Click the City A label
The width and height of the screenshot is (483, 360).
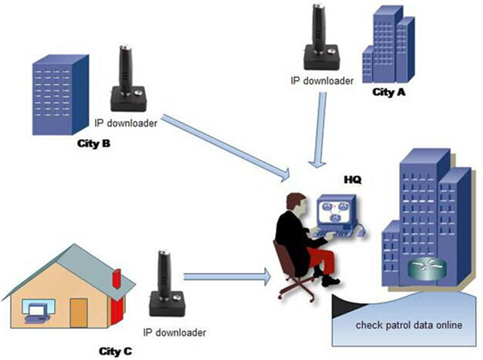point(388,92)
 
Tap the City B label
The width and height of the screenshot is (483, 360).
point(93,144)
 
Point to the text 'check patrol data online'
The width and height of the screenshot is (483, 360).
point(407,325)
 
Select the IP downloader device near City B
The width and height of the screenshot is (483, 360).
point(126,78)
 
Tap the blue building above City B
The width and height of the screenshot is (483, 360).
point(58,93)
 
